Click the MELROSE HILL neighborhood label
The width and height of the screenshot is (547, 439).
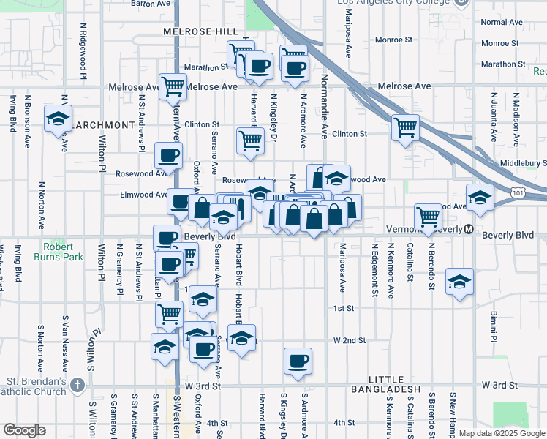pyautogui.click(x=200, y=31)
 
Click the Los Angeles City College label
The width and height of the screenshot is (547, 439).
pyautogui.click(x=393, y=3)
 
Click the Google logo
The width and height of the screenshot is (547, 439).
pyautogui.click(x=23, y=429)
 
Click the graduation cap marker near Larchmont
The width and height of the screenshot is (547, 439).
pyautogui.click(x=58, y=119)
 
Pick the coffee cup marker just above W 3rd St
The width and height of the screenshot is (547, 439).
pyautogui.click(x=298, y=361)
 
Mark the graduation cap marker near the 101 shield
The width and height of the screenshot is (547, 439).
pyautogui.click(x=480, y=198)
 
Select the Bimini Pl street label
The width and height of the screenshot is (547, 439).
pyautogui.click(x=494, y=326)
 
